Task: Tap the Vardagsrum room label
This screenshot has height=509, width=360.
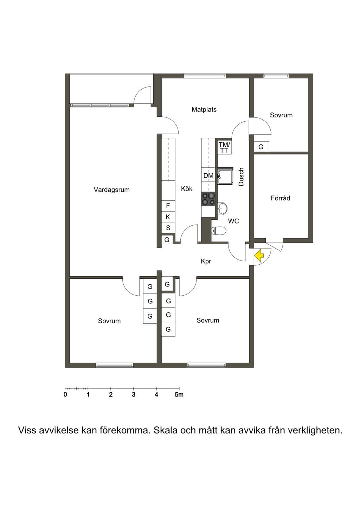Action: [111, 189]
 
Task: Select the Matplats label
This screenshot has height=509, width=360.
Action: [204, 109]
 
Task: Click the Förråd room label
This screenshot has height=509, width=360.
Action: [280, 198]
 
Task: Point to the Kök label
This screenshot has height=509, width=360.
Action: [187, 188]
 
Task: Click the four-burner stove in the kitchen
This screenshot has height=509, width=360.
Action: [208, 199]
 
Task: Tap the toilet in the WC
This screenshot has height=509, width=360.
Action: [219, 231]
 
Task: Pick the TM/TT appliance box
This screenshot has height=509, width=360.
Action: [224, 147]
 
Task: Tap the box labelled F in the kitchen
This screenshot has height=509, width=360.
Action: [168, 206]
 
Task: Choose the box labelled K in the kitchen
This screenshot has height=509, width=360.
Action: [168, 217]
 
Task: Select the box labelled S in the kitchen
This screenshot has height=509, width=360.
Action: [168, 228]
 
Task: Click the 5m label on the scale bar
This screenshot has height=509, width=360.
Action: [179, 395]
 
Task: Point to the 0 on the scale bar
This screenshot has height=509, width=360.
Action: [65, 395]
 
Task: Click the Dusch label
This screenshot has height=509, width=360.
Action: [241, 177]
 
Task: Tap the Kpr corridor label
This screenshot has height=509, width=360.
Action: [206, 262]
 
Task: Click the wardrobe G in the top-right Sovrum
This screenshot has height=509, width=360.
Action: [261, 147]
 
